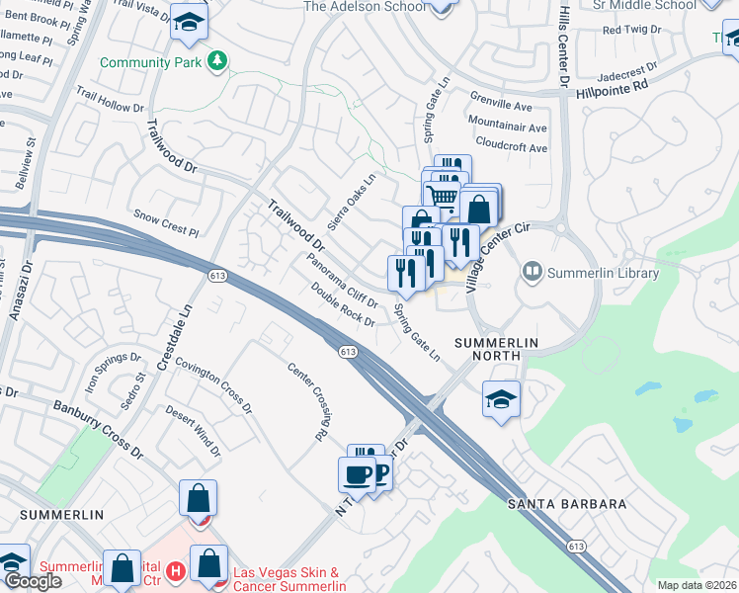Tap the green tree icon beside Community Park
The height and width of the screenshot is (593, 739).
pos(216,62)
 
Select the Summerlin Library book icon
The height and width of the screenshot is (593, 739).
pos(533,270)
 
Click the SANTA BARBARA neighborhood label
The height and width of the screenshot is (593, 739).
pos(567,504)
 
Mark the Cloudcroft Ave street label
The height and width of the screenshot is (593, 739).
pos(511,148)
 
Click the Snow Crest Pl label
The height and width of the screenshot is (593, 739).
pos(166,221)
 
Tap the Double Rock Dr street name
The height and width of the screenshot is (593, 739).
pos(343,305)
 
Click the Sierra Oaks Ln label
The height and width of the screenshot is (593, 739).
pos(353,202)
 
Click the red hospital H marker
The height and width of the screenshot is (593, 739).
pos(176,571)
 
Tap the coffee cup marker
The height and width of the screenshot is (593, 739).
pos(358,473)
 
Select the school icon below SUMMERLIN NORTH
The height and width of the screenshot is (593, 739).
pos(502,398)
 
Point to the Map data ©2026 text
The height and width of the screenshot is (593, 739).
pos(697,585)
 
